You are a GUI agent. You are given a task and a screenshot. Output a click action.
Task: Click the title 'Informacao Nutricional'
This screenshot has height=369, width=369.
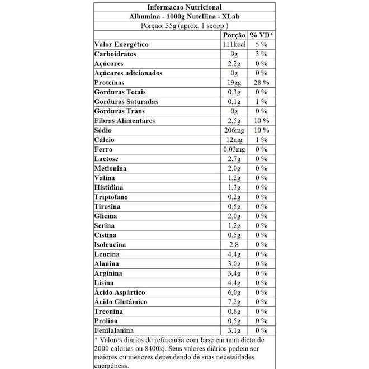(x=184, y=7)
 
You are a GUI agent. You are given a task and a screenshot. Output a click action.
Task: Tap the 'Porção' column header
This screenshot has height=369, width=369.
(x=234, y=35)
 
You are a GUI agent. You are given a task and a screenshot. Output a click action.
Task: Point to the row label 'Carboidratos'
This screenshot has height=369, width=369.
(x=115, y=54)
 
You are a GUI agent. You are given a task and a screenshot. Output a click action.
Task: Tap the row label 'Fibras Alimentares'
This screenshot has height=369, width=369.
(x=125, y=121)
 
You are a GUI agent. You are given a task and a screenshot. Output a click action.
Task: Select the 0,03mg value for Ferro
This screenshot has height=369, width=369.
(x=234, y=149)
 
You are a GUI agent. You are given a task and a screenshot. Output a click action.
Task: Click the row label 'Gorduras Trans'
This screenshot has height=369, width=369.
(x=119, y=111)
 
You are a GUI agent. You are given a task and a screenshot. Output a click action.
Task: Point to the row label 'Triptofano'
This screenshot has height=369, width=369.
(x=112, y=197)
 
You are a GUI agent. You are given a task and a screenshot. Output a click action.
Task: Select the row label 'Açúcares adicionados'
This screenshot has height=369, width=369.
(x=129, y=73)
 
